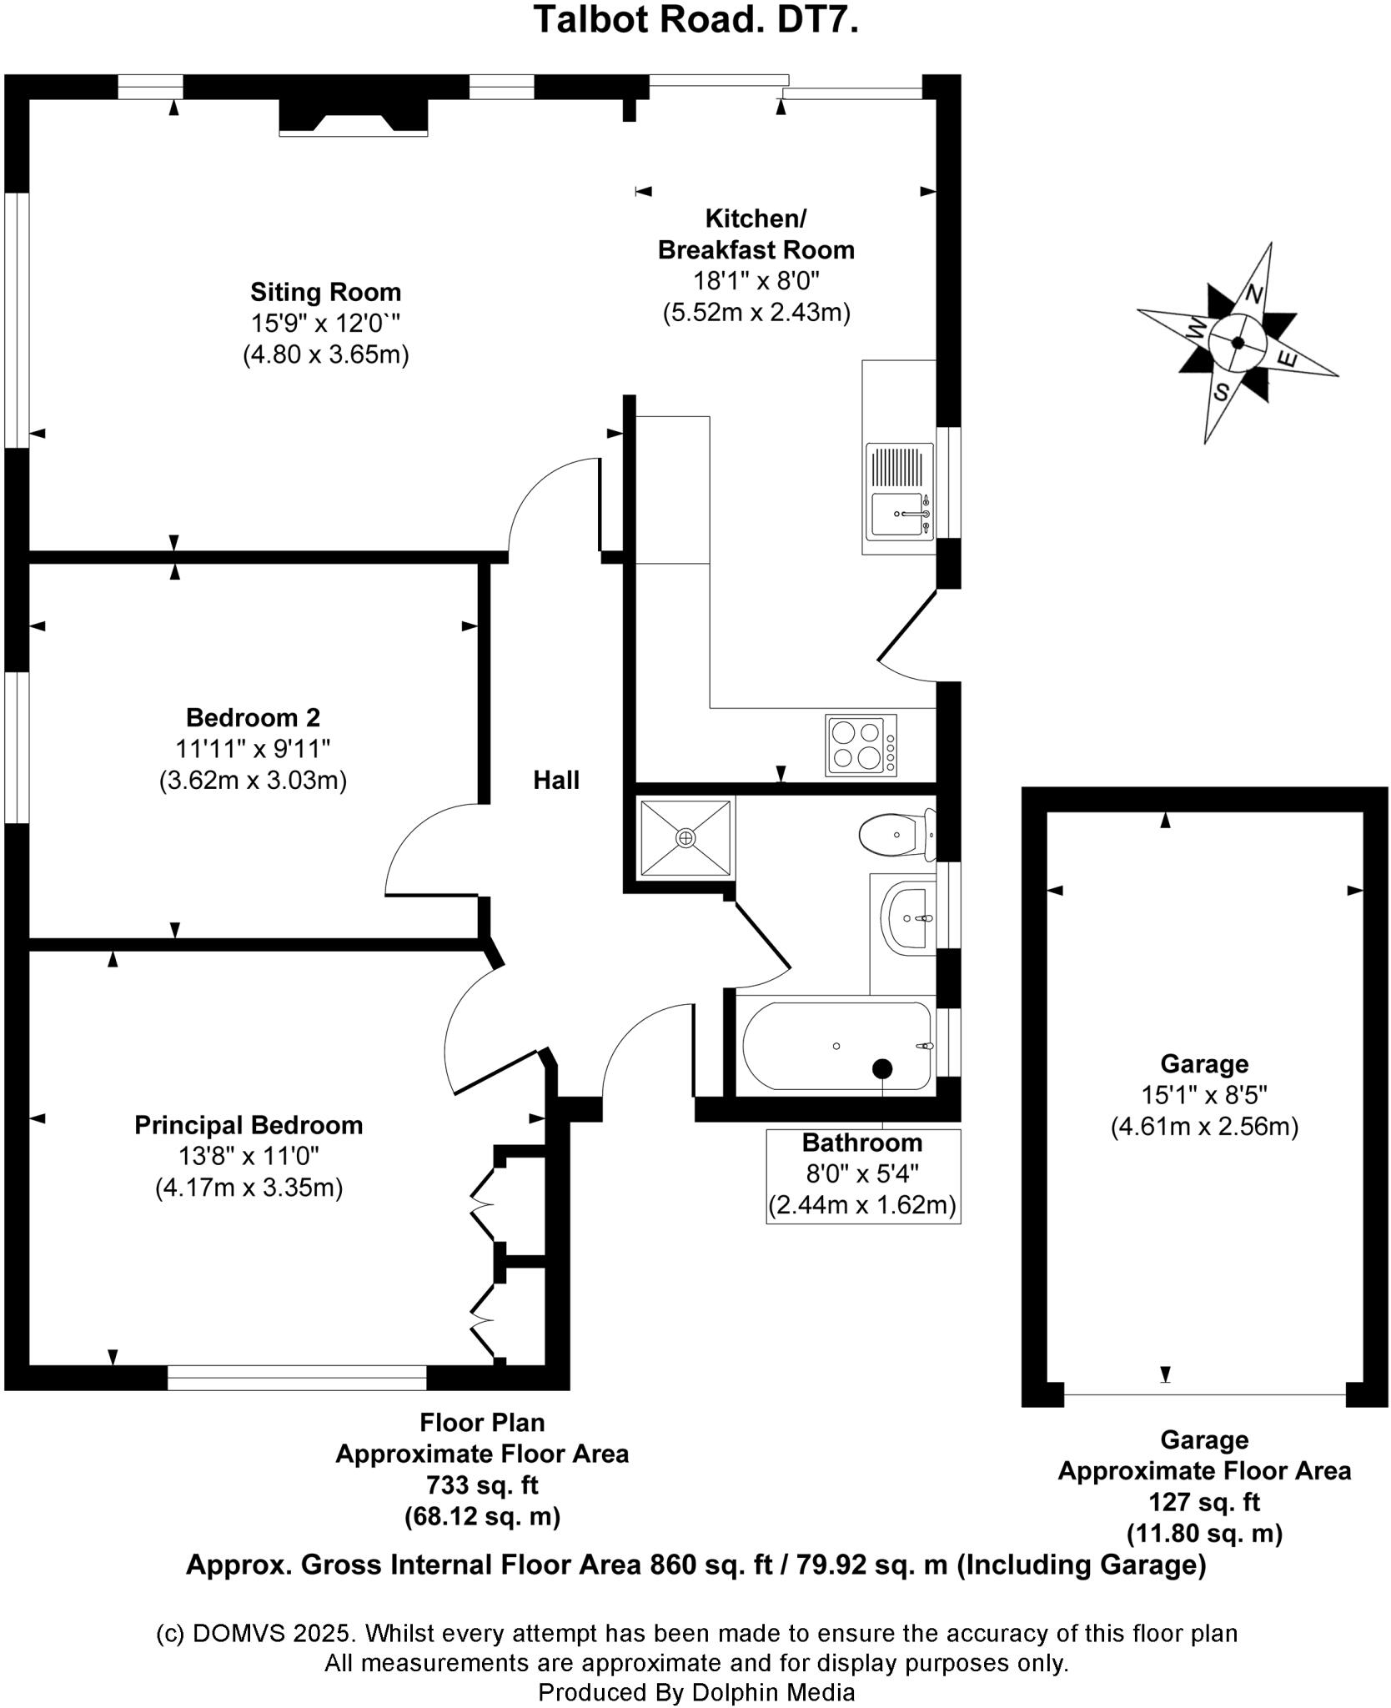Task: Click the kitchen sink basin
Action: click(x=895, y=515)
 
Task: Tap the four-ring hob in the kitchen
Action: click(x=861, y=745)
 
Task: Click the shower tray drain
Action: click(x=685, y=837)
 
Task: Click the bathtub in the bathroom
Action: click(x=836, y=1046)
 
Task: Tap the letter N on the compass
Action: click(x=1253, y=294)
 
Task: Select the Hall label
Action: click(x=556, y=781)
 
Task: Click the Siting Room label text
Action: click(x=325, y=293)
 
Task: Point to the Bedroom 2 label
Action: click(x=253, y=717)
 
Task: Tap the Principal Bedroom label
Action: click(x=249, y=1125)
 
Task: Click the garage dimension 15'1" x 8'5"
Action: click(x=1204, y=1095)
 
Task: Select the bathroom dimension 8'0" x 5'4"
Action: click(x=862, y=1173)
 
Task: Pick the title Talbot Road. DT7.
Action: click(x=695, y=20)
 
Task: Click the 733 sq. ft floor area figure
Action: click(x=482, y=1484)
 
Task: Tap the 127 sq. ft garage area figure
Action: click(x=1204, y=1502)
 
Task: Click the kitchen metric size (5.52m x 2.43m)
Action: click(x=756, y=313)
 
